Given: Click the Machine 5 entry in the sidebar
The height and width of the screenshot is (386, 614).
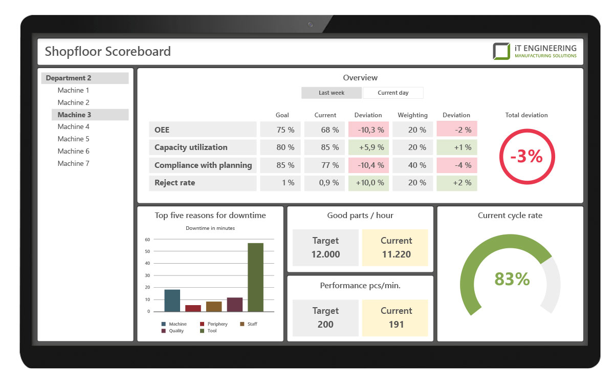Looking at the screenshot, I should pos(73,139).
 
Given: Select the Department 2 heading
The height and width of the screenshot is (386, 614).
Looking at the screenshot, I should pos(69,78).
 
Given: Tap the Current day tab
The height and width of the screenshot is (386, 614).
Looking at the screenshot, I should pos(393,93).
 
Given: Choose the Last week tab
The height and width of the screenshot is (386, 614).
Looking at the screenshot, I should pos(332,93).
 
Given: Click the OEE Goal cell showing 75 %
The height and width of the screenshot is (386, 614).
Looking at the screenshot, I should pos(280,130).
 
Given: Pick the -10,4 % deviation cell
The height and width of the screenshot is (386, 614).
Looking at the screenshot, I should pos(368,165).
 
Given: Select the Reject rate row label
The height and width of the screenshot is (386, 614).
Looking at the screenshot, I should pos(174,183).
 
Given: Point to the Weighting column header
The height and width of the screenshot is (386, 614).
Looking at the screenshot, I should pos(412,115).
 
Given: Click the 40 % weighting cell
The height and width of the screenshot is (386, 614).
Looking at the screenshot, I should pos(412,165).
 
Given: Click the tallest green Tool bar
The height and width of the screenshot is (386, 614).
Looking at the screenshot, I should pos(255,277).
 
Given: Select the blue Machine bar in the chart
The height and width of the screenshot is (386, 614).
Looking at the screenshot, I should pos(172,301).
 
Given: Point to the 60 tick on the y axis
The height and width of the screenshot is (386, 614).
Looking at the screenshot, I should pos(147,240).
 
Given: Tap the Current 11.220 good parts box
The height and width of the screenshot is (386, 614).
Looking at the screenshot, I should pos(396,248).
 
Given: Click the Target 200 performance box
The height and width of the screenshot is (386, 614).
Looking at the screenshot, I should pos(325,318).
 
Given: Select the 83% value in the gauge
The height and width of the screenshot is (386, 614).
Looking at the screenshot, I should pos(512,279).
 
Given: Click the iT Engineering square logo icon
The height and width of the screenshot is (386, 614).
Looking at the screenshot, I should pos(501,51).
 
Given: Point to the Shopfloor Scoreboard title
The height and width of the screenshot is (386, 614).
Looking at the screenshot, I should pos(108,51).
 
